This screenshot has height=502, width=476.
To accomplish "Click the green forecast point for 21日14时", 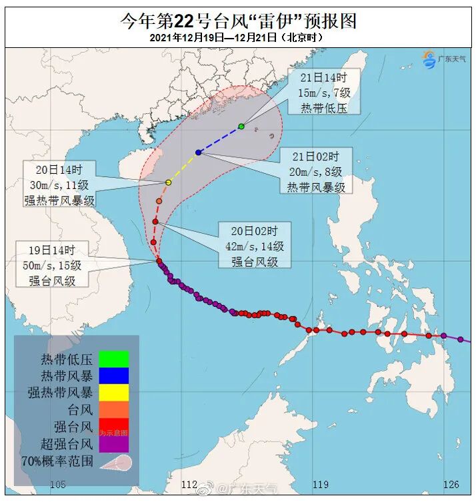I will [x=241, y=126].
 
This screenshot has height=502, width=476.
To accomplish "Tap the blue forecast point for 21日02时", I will [x=199, y=152].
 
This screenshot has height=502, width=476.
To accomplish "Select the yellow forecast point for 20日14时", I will [x=169, y=182].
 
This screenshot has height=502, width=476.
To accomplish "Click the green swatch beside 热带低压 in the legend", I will [x=113, y=359].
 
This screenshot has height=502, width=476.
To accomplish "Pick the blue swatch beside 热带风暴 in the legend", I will [x=113, y=376].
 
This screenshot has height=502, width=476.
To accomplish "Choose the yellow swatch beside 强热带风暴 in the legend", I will [x=113, y=393].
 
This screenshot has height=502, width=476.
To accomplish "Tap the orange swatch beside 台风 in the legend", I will [x=113, y=409].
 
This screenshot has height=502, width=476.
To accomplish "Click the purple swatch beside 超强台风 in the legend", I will [x=113, y=443].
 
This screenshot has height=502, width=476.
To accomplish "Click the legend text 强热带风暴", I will [x=60, y=393].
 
